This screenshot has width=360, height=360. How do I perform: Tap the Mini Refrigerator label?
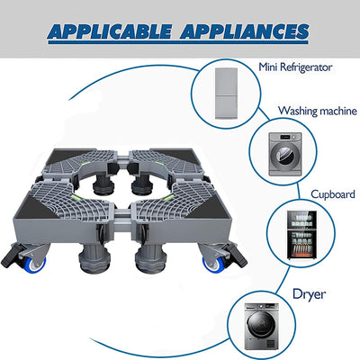pyautogui.click(x=301, y=66)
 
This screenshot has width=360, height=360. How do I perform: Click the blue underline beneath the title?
pyautogui.click(x=180, y=48)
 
